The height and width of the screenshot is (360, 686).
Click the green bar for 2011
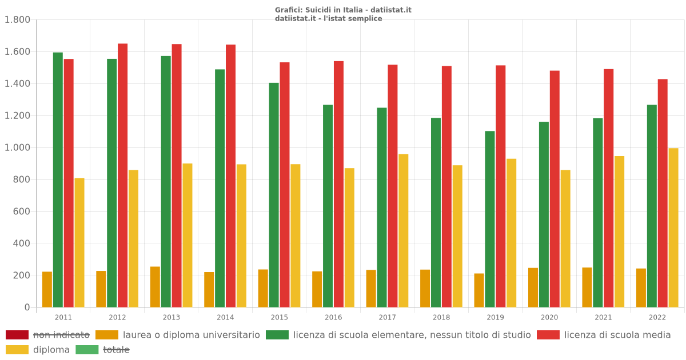coord(58,180)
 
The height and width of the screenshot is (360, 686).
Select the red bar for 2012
coord(123,175)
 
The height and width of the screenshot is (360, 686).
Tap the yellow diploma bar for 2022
coord(673,227)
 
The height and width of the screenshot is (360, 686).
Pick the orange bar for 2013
coord(155,287)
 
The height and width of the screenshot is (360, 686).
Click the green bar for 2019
coord(490,219)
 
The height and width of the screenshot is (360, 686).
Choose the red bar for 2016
coord(338,184)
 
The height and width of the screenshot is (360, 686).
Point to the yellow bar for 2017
coord(404,230)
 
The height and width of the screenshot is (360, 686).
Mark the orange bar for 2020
coord(533,287)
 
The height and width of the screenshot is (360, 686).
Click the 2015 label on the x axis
coord(280,317)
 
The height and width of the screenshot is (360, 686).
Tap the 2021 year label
coord(603,317)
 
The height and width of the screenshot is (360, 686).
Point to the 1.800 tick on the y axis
coord(17,20)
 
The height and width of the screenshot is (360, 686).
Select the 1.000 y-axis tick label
coord(17,147)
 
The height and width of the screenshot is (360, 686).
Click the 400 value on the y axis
coord(21,243)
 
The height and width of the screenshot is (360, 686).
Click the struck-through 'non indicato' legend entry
coord(61,335)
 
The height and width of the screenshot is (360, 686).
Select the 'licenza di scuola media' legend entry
coord(617,335)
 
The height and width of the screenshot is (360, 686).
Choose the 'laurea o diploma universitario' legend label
coord(191,335)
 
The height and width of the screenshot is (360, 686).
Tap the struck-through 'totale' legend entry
coord(116,350)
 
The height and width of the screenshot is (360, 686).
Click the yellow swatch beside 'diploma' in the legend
coord(17,350)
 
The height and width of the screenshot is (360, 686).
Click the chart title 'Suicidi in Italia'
coord(343,10)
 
